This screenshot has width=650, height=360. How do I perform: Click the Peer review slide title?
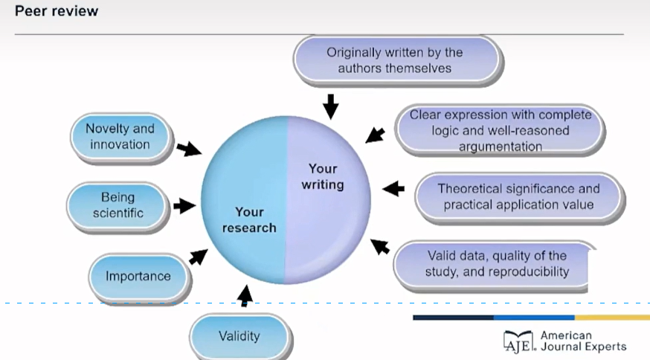[x=57, y=12]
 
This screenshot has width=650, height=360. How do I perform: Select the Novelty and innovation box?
[x=120, y=137]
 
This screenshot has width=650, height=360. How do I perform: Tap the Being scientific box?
[x=118, y=205]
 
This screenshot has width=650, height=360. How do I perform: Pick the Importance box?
[x=138, y=276]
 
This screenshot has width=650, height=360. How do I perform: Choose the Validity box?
[x=239, y=335]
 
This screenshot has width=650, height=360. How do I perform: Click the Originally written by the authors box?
[x=395, y=60]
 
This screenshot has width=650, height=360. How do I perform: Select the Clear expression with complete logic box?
[x=500, y=131]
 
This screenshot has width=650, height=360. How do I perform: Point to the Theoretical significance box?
[x=518, y=196]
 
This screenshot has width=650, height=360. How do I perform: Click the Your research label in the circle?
[x=249, y=219]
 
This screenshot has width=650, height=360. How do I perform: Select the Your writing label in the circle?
[x=323, y=176]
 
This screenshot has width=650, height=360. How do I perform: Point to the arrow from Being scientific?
[x=184, y=205]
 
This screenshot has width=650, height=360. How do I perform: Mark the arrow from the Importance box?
[x=197, y=256]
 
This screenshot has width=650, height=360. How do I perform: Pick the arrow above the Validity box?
[x=245, y=295]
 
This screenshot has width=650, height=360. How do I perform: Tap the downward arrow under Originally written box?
[x=331, y=106]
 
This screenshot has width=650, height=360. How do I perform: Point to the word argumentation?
[x=500, y=147]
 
